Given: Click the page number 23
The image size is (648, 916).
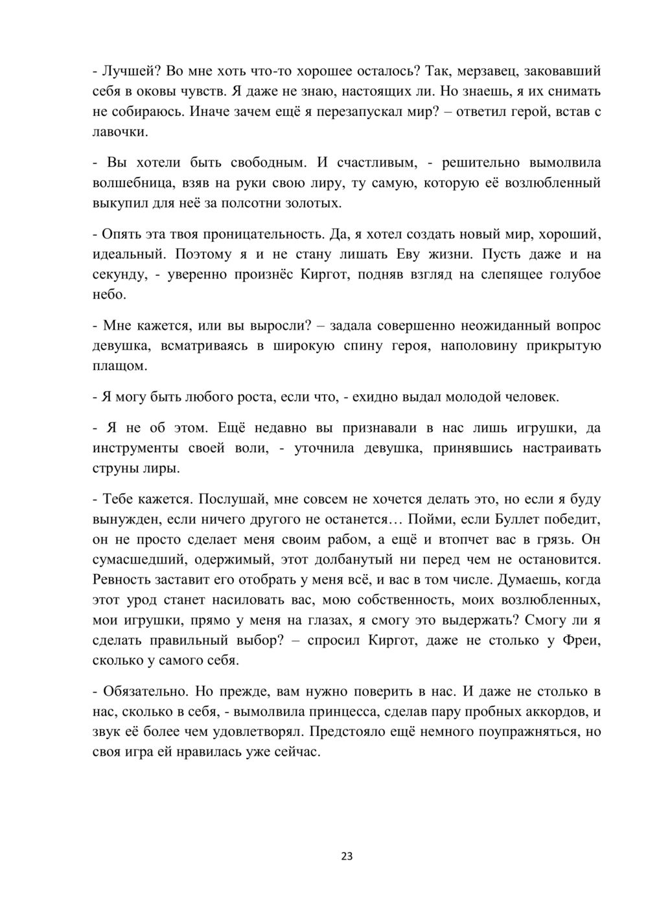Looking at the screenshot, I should pyautogui.click(x=347, y=856).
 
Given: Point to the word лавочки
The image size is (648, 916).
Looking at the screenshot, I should pyautogui.click(x=121, y=132).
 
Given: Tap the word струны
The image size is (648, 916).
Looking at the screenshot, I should pyautogui.click(x=115, y=468).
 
